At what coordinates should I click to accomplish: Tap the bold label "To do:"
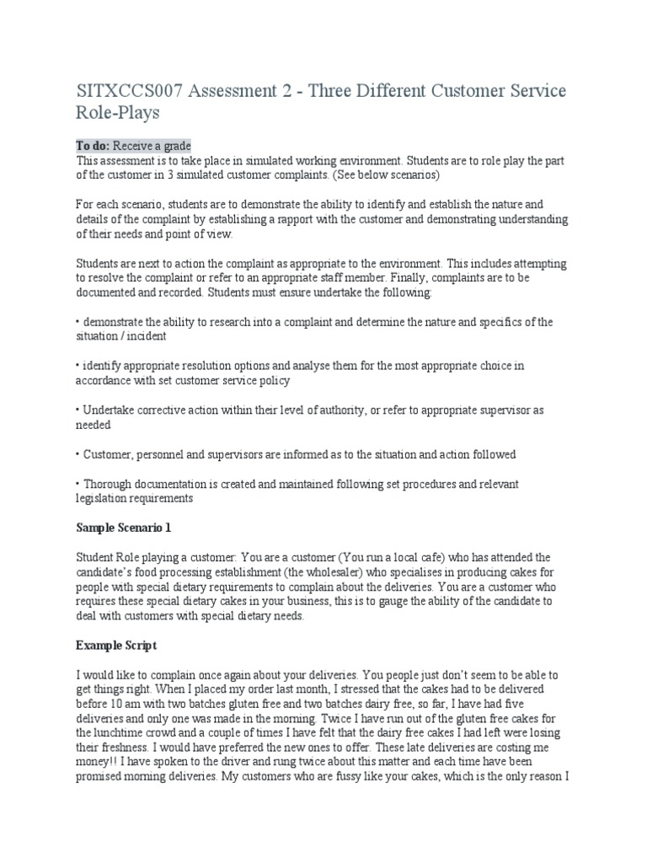point(94,146)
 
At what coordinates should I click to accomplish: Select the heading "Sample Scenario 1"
point(123,527)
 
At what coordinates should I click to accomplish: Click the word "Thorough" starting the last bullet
point(107,484)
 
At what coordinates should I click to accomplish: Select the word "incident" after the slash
point(147,336)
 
